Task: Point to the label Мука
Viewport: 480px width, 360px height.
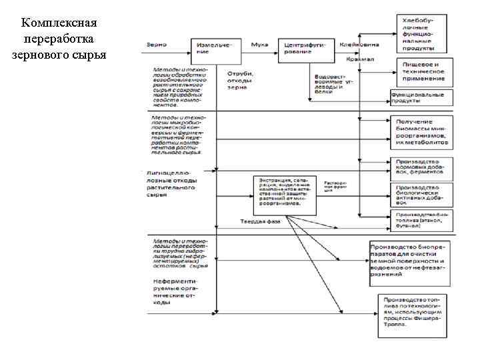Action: pos(259,44)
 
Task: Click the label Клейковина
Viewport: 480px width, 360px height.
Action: pos(359,44)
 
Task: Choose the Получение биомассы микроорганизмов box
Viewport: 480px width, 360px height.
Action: pos(423,132)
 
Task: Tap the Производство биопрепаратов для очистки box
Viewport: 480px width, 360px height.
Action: pos(409,263)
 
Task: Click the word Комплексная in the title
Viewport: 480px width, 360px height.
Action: pos(59,24)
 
